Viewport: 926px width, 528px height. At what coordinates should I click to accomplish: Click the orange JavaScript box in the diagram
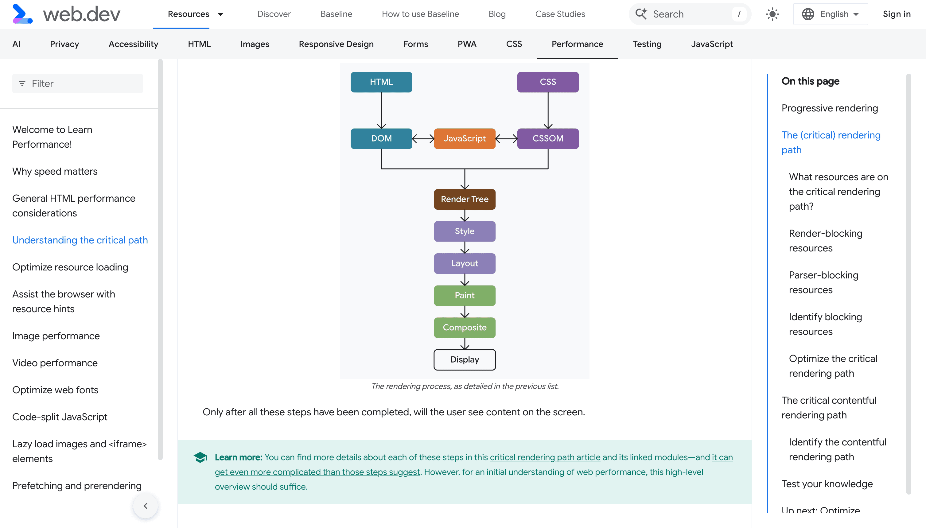coord(465,138)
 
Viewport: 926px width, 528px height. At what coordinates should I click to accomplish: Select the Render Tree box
coord(465,199)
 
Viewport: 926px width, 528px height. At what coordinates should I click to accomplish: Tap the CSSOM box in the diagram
coord(548,138)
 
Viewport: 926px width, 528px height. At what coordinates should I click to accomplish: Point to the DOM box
coord(381,138)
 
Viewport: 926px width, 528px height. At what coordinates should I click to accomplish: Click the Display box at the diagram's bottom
coord(465,360)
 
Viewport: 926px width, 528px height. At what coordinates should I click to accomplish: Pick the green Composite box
coord(465,328)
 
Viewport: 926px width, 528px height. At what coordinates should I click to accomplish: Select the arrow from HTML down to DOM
coord(381,111)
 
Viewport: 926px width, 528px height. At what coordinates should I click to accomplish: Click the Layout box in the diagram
coord(465,263)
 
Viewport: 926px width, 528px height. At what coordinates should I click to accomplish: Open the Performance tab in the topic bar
coord(577,44)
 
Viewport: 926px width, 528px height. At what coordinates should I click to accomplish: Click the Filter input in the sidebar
coord(78,83)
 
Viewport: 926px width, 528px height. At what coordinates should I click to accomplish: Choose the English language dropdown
coord(831,14)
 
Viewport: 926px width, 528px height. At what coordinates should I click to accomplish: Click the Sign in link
coord(897,14)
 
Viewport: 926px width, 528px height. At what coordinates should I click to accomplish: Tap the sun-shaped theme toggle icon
coord(772,14)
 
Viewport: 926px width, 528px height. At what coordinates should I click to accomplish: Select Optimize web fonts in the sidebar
coord(55,390)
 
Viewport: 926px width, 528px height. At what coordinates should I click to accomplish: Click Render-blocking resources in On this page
coord(826,241)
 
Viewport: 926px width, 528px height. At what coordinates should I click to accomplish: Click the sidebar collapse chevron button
coord(146,506)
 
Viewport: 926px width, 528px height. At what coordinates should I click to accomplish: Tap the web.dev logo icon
coord(22,14)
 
